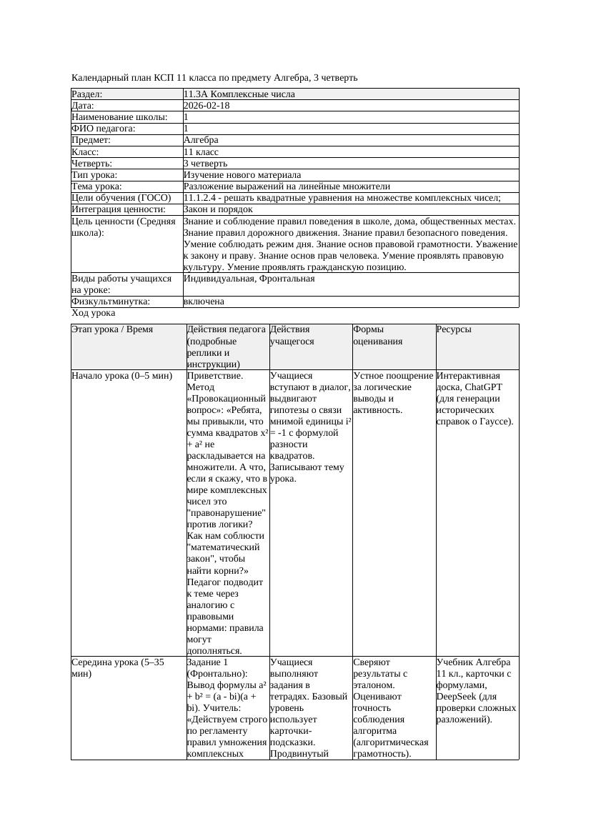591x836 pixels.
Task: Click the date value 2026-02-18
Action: click(x=207, y=106)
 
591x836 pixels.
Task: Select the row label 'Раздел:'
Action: click(x=87, y=94)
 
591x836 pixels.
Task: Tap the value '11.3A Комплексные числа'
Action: click(x=239, y=94)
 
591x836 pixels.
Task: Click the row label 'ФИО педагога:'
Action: click(x=104, y=129)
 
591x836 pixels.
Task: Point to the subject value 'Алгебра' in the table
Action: click(x=201, y=140)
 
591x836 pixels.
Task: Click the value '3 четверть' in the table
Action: click(x=205, y=164)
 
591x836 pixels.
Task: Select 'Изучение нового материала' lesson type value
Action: click(x=242, y=175)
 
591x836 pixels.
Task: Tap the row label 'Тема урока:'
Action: click(x=97, y=186)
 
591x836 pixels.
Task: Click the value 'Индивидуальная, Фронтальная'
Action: click(x=249, y=279)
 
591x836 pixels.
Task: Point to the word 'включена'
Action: click(x=204, y=302)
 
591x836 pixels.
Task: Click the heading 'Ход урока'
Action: click(x=94, y=313)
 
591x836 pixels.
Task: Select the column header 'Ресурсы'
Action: click(x=454, y=330)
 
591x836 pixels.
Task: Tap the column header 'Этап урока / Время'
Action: click(x=112, y=330)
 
